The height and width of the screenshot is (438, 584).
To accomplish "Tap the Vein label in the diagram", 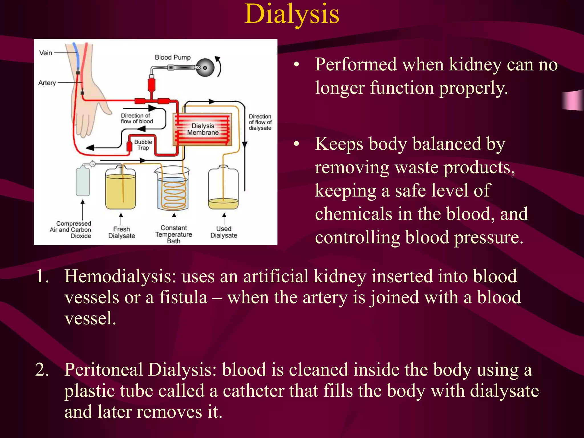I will coord(46,53).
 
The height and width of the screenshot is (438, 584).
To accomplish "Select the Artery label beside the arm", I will coord(47,83).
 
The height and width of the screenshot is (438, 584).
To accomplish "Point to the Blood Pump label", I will coord(173,57).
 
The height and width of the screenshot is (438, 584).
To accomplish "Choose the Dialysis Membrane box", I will coord(202,129).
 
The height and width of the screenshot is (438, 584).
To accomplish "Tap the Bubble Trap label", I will coord(143,145).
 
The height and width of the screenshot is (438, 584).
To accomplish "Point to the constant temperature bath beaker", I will coord(173,190).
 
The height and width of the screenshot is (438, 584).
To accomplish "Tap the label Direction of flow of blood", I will coord(137,118).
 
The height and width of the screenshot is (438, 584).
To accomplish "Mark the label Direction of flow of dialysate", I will coord(260,122).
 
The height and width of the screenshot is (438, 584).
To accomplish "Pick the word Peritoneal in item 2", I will coord(104,370).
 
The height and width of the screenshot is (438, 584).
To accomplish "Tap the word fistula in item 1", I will coord(183,297).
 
